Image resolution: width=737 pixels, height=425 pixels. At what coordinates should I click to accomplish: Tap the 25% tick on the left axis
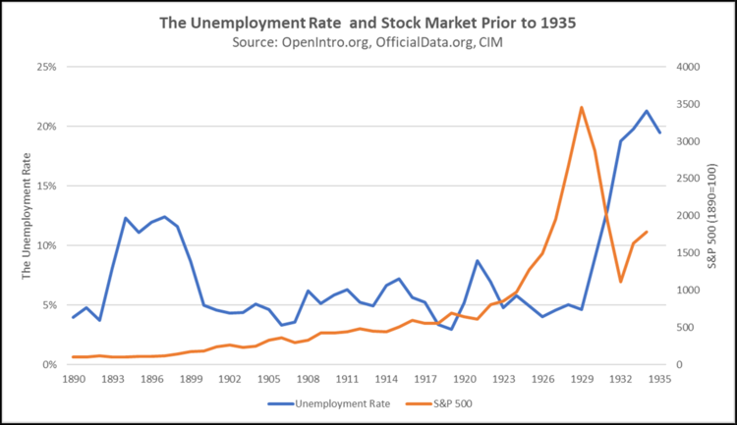(45, 67)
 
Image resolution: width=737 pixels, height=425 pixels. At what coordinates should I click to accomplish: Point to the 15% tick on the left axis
(45, 186)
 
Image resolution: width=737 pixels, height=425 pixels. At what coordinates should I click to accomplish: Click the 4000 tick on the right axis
(687, 67)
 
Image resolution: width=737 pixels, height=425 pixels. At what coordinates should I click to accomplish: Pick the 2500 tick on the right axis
(687, 179)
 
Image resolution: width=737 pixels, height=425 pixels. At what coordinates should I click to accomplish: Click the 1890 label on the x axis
(73, 378)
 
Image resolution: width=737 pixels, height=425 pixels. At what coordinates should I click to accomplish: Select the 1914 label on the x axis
(386, 378)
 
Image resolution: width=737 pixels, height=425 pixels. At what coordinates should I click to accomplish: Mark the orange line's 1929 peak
(582, 107)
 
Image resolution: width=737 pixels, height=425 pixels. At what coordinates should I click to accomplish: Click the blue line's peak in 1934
(647, 111)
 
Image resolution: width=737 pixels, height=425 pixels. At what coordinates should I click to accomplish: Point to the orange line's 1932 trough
(621, 282)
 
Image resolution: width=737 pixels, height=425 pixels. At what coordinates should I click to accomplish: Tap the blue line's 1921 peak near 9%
(478, 261)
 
